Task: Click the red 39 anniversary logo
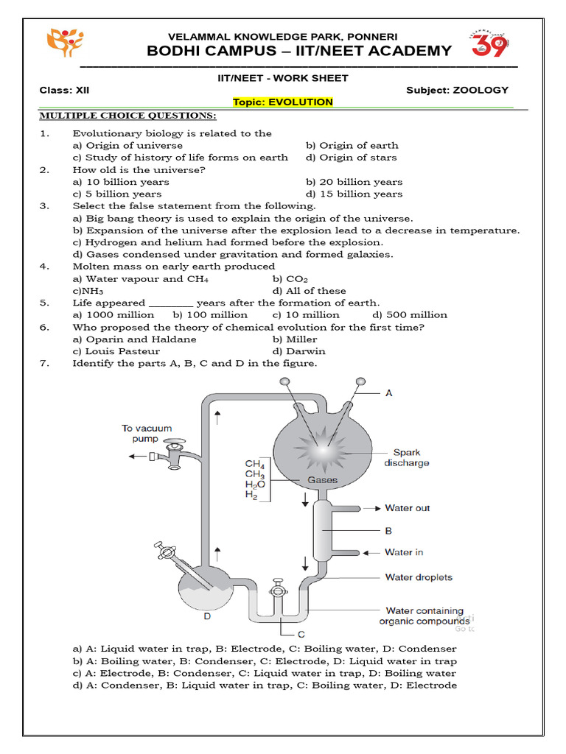[x=488, y=46]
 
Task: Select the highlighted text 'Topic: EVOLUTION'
[x=283, y=102]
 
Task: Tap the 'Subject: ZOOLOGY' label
[x=457, y=90]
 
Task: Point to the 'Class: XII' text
[x=65, y=90]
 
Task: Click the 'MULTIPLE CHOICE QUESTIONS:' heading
[x=127, y=116]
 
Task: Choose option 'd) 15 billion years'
[x=354, y=194]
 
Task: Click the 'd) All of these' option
[x=309, y=291]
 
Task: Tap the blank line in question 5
[x=171, y=303]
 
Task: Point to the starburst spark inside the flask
[x=318, y=451]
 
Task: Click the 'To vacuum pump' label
[x=147, y=433]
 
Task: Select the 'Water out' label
[x=407, y=508]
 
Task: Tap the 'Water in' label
[x=404, y=552]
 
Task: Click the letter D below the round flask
[x=208, y=616]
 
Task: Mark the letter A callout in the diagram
[x=389, y=393]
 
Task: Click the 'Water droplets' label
[x=419, y=577]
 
